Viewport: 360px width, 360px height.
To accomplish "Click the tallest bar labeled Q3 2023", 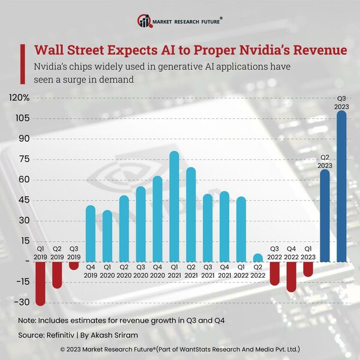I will (341, 186).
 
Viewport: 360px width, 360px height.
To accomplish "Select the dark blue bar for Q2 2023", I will (325, 216).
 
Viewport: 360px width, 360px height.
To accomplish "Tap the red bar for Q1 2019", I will (41, 283).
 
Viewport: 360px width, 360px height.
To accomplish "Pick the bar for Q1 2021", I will (175, 206).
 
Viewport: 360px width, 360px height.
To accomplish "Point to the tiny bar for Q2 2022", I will (258, 258).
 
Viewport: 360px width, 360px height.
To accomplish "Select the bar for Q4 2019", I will (91, 233).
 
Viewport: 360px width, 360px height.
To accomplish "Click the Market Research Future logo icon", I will (145, 21).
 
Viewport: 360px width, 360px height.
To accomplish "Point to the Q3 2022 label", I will (275, 253).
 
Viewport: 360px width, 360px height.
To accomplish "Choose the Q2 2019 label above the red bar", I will (58, 253).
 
